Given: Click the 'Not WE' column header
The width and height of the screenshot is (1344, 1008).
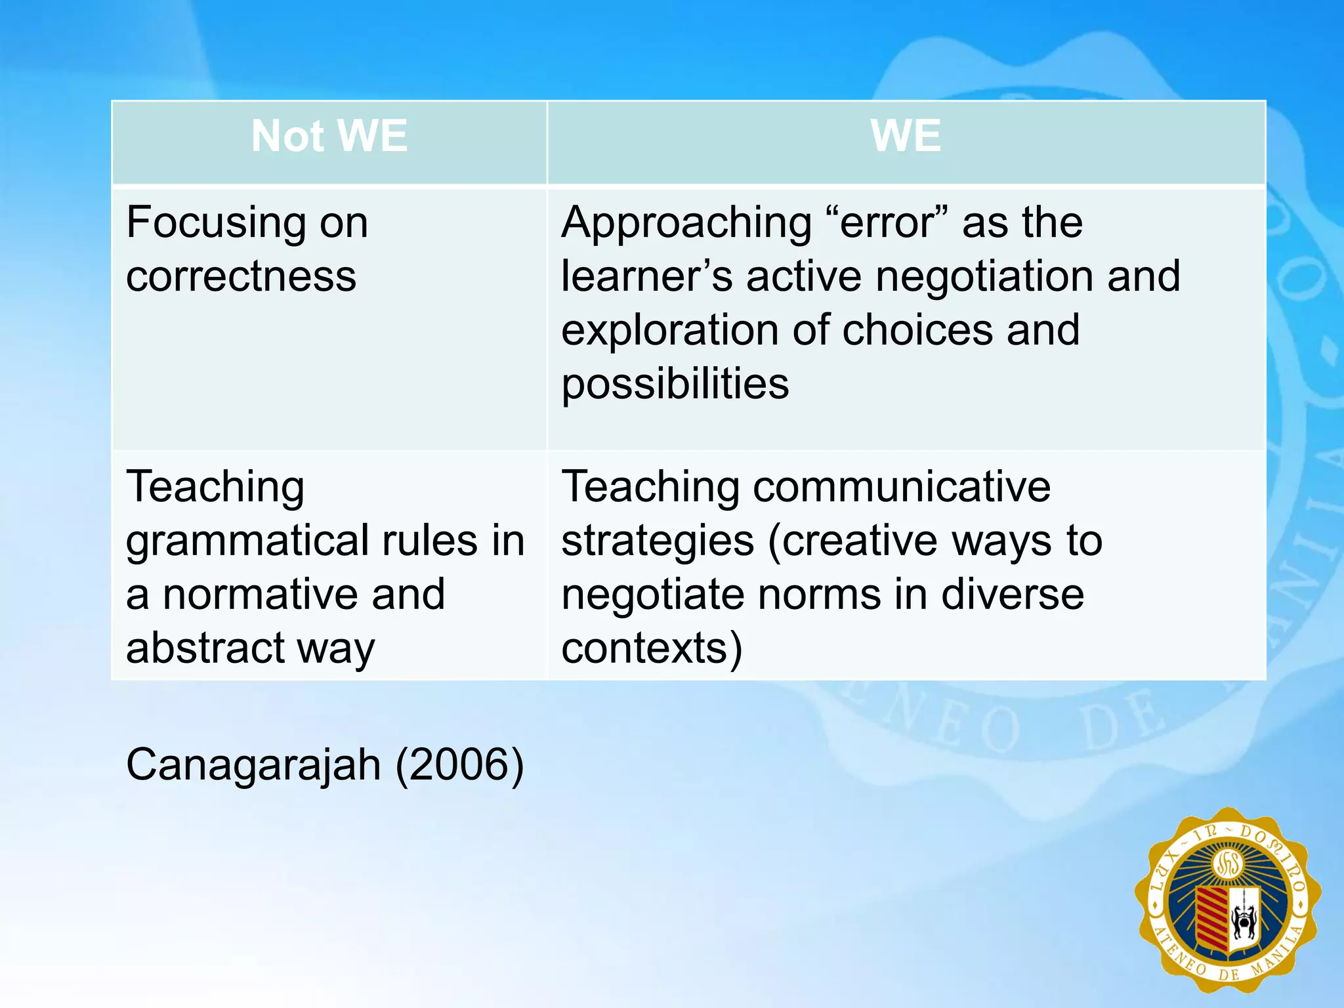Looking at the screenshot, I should pyautogui.click(x=329, y=136).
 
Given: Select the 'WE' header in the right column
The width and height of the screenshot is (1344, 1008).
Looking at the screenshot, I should pyautogui.click(x=906, y=136).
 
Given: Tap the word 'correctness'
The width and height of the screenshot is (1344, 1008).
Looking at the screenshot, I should pyautogui.click(x=241, y=276).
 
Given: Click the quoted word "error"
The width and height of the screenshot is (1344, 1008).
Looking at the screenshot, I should pyautogui.click(x=886, y=223).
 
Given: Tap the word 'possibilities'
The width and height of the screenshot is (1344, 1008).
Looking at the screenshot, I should pyautogui.click(x=675, y=384).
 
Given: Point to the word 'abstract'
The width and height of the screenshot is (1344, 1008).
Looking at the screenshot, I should pyautogui.click(x=205, y=648).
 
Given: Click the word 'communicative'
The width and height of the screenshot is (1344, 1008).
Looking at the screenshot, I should pyautogui.click(x=902, y=488).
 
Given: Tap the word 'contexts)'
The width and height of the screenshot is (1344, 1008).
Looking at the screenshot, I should pyautogui.click(x=652, y=648).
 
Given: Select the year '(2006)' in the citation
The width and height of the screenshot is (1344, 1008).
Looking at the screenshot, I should pyautogui.click(x=459, y=765).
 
